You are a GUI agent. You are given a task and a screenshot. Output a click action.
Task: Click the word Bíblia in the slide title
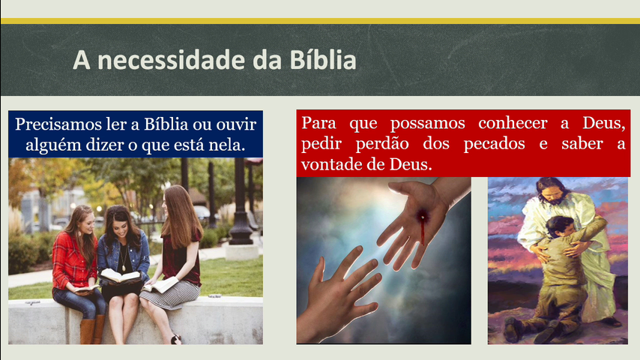point(323,60)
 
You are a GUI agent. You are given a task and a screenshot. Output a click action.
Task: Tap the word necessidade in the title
point(171,60)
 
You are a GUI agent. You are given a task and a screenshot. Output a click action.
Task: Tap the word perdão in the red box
point(382,144)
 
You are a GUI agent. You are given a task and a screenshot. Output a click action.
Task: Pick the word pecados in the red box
point(494,144)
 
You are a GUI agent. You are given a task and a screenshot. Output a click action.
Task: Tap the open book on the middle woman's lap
point(118,277)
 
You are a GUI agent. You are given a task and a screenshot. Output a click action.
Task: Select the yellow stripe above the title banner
point(320,21)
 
